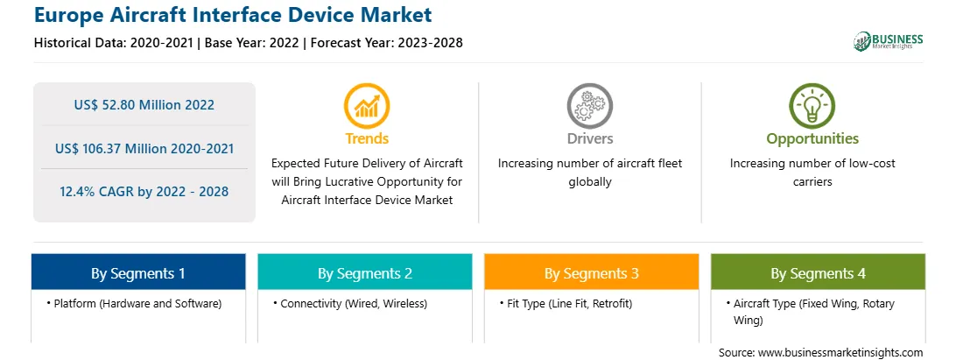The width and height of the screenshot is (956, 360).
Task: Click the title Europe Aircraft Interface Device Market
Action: (233, 15)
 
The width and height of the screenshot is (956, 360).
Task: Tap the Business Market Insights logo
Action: (888, 41)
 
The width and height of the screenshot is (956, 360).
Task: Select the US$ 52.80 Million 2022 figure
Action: (144, 105)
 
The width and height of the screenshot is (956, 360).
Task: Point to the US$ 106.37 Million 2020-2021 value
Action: (144, 148)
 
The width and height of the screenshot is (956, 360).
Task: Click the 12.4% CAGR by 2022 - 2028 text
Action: (144, 192)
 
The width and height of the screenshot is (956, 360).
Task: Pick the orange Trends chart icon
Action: (367, 106)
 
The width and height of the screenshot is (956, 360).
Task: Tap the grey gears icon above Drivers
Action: (589, 106)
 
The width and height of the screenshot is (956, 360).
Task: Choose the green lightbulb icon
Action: (812, 106)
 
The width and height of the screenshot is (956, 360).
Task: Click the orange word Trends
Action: (367, 138)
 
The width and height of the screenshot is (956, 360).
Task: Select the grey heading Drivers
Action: (589, 138)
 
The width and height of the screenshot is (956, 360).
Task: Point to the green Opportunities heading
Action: (812, 139)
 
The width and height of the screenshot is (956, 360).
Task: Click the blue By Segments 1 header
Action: (138, 272)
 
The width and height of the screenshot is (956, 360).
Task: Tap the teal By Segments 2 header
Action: (364, 272)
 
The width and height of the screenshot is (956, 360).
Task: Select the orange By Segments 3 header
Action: (592, 272)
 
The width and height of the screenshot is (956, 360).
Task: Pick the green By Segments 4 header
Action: (819, 272)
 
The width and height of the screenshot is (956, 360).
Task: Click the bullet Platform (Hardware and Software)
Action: (134, 303)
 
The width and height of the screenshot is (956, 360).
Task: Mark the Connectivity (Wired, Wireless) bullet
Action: (350, 303)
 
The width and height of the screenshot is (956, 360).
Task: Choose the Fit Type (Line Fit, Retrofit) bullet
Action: (566, 303)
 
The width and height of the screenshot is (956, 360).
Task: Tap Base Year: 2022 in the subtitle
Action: (251, 43)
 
